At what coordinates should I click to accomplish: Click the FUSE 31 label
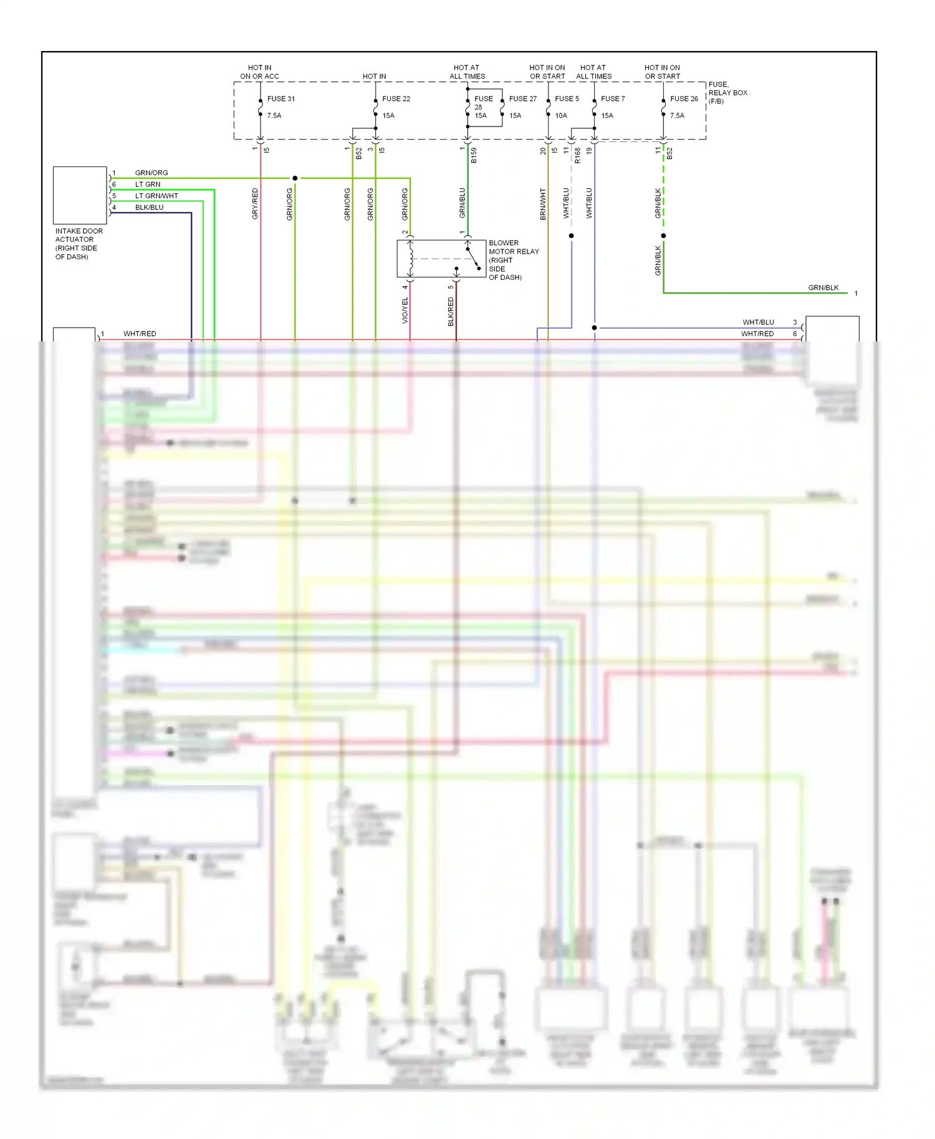click(x=280, y=98)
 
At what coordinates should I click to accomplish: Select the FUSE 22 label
click(x=396, y=98)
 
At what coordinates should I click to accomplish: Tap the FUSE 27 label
click(x=522, y=98)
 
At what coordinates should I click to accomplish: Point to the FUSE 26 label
click(x=684, y=98)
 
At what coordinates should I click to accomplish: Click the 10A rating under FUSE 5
click(x=561, y=115)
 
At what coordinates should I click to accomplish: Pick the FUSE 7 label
click(x=613, y=98)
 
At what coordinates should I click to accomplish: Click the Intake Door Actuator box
click(x=80, y=195)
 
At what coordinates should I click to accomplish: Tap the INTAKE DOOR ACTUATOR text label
click(x=79, y=244)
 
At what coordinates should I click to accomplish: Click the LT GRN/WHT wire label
click(x=156, y=196)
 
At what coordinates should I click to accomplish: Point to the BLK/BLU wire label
click(x=149, y=207)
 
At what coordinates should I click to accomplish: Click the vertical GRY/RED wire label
click(x=255, y=203)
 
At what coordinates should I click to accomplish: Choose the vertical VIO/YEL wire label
click(x=405, y=310)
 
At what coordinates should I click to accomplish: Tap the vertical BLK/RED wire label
click(x=451, y=311)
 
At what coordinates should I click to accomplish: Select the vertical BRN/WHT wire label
click(x=543, y=204)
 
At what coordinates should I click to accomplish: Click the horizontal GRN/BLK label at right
click(x=823, y=288)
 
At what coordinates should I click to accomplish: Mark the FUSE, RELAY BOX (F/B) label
click(x=727, y=93)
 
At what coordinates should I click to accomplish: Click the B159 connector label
click(x=474, y=156)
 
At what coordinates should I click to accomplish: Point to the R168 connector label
click(x=578, y=156)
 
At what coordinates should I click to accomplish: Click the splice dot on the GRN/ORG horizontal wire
click(x=295, y=178)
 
